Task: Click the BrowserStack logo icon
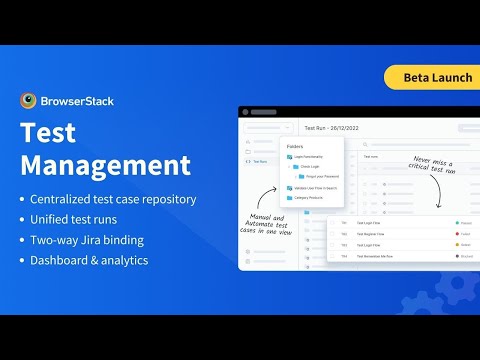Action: point(29,100)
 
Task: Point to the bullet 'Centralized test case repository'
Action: point(113,199)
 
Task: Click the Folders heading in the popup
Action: point(295,146)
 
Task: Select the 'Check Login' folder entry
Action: point(311,167)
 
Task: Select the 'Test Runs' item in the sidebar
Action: point(259,160)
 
